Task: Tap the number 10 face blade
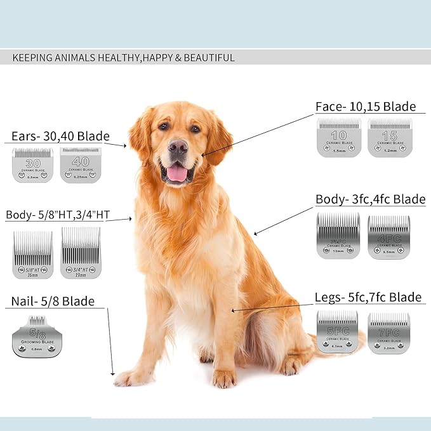[x=339, y=138]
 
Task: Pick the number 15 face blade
[x=389, y=138]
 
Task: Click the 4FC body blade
[x=389, y=236]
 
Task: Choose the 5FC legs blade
[x=338, y=331]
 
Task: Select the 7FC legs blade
[x=389, y=332]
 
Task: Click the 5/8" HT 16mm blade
[x=32, y=254]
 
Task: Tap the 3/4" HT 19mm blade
[x=81, y=253]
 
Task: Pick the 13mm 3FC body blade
[x=338, y=235]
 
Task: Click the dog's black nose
[x=178, y=147]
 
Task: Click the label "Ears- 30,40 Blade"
[x=60, y=136]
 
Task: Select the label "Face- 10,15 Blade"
[x=366, y=106]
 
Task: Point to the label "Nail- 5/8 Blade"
[x=53, y=301]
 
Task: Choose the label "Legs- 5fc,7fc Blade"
[x=368, y=297]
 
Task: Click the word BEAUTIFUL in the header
[x=208, y=58]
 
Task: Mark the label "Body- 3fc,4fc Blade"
[x=370, y=199]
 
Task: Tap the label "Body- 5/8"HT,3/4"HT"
[x=58, y=215]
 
